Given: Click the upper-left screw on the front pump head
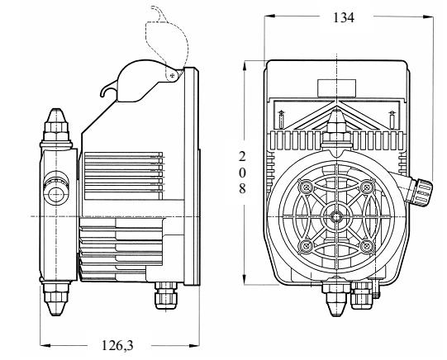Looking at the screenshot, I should [308, 188].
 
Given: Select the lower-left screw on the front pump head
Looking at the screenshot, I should [308, 245].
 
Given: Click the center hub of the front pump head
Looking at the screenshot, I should [335, 216].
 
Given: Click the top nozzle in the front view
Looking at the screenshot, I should [335, 124].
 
